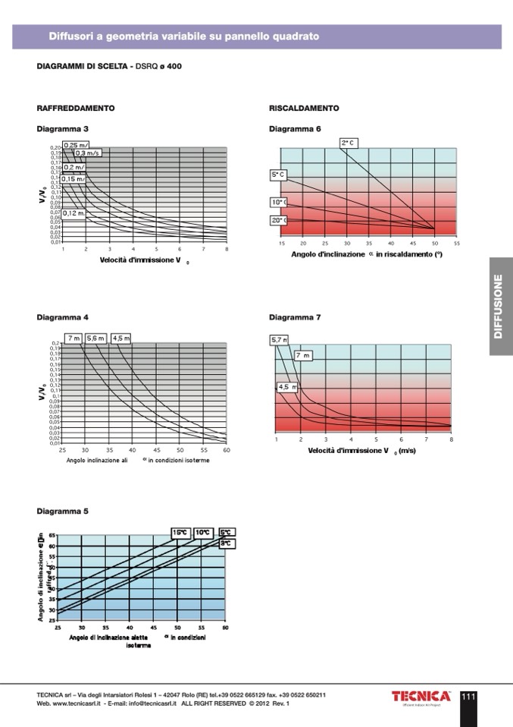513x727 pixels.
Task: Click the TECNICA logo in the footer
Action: [421, 697]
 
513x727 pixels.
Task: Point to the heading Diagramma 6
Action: [295, 129]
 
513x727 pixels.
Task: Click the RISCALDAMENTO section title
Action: [304, 109]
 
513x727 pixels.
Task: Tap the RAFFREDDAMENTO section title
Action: [76, 109]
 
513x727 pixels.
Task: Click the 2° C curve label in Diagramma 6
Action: [349, 143]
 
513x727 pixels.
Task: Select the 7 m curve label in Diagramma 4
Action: [74, 338]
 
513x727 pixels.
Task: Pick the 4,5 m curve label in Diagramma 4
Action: [121, 338]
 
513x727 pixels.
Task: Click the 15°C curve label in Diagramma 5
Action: [180, 533]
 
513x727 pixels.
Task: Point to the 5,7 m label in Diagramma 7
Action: [278, 340]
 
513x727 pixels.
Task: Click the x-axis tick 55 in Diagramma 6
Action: [457, 244]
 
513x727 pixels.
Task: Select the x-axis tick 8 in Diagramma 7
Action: [451, 439]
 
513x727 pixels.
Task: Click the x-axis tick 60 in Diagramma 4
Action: [227, 450]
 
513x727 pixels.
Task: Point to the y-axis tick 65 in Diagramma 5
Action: [52, 536]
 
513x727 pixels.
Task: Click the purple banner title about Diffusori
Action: [184, 36]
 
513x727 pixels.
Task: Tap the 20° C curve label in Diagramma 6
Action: [278, 220]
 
